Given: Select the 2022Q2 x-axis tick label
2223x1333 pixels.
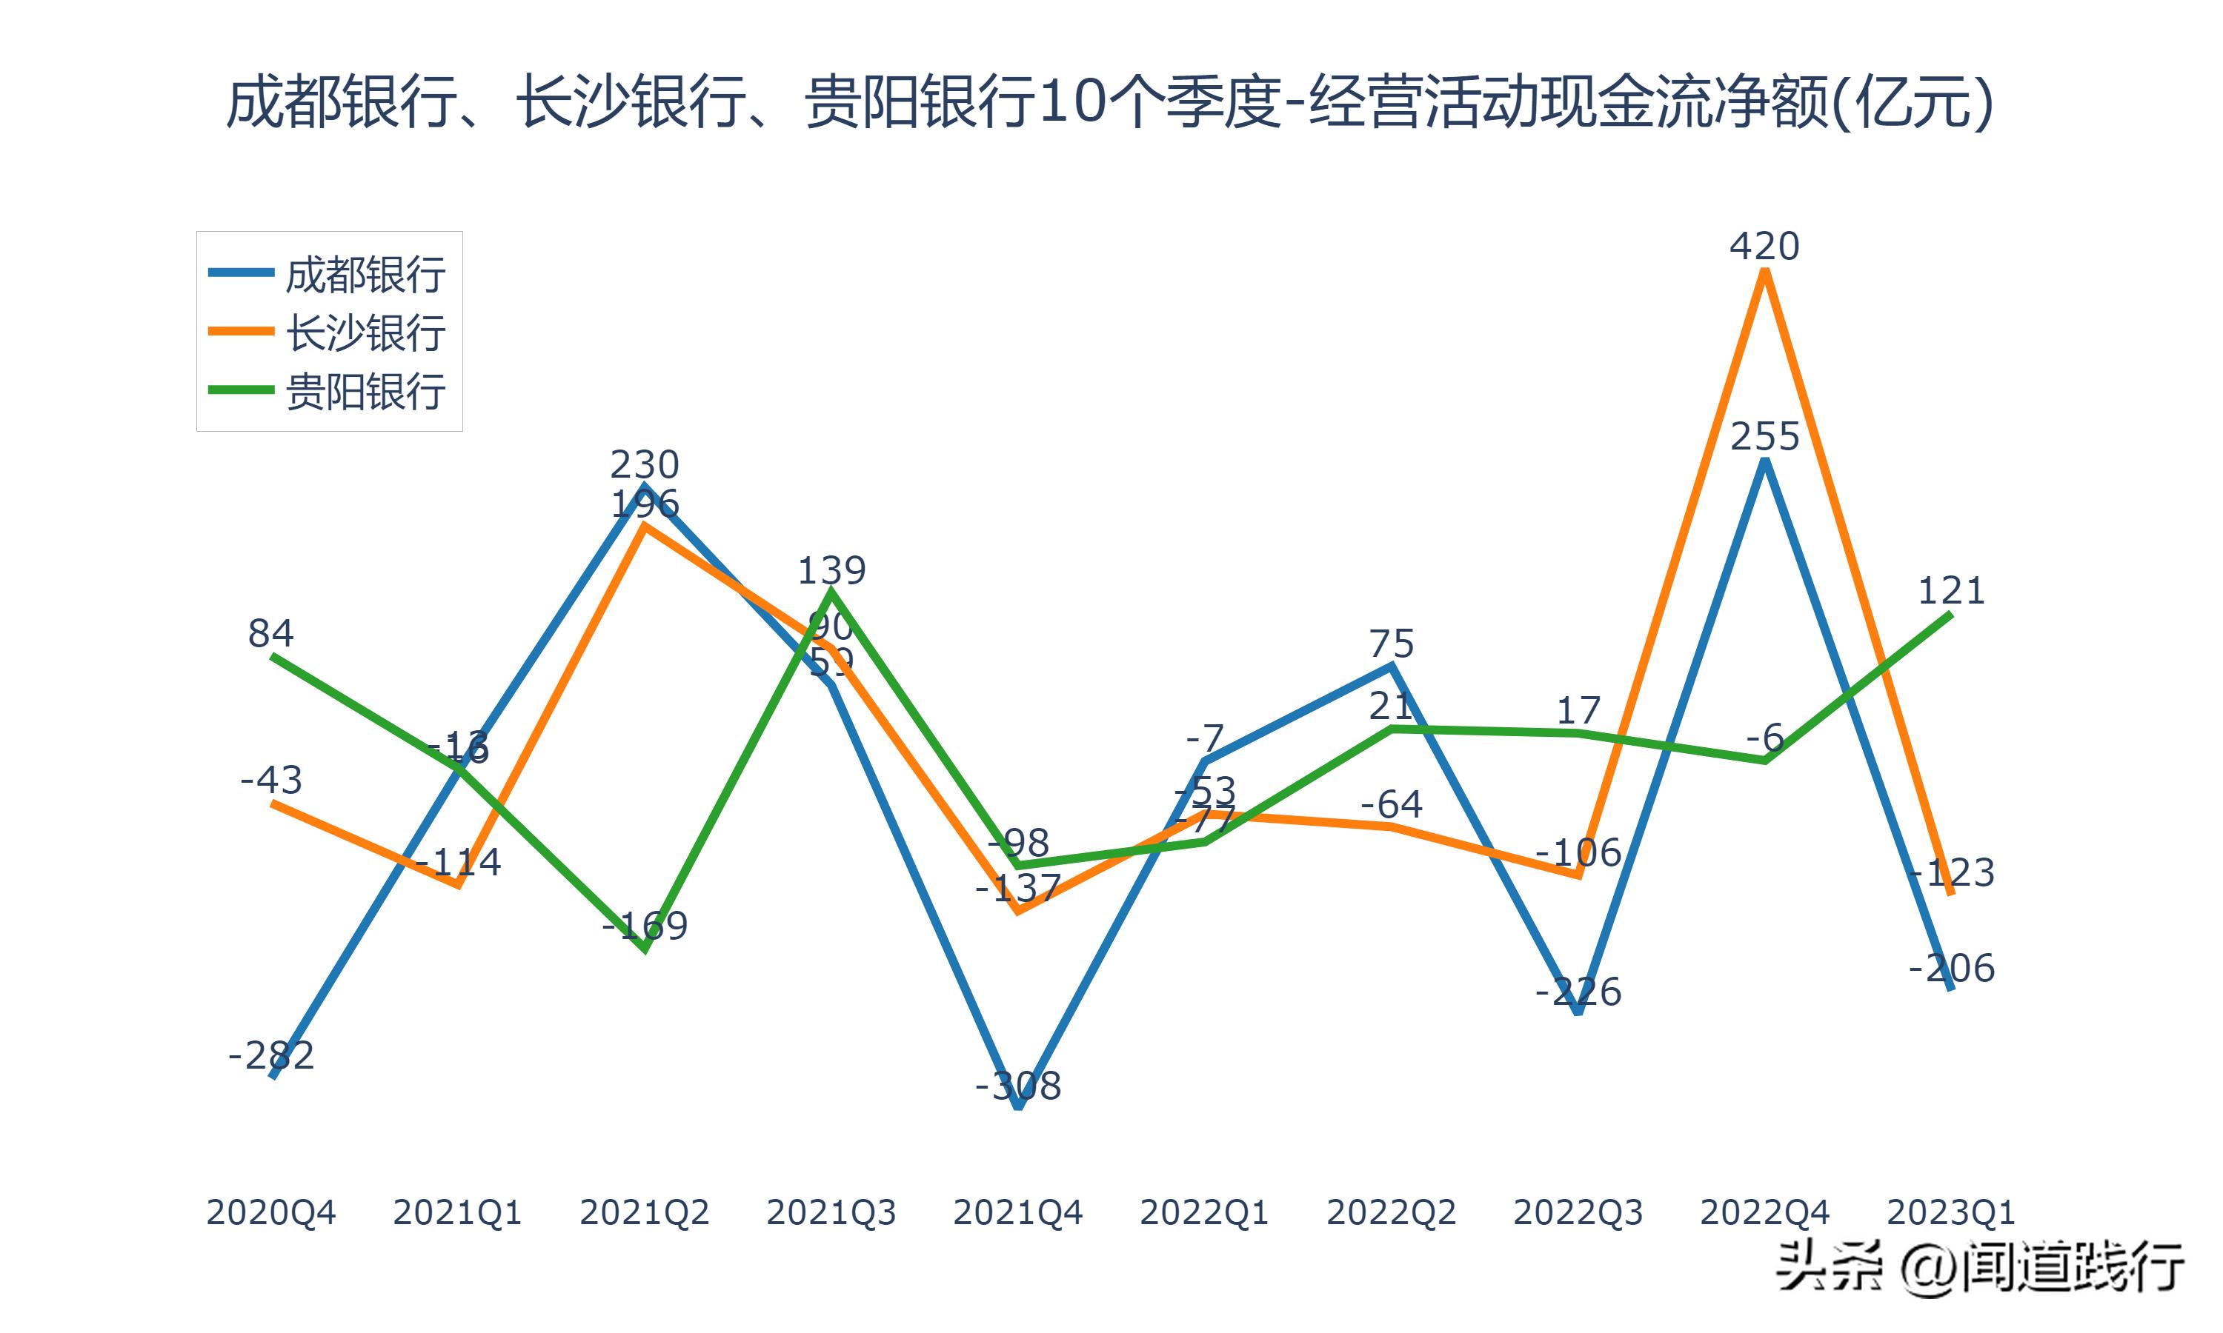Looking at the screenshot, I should pos(1391,1212).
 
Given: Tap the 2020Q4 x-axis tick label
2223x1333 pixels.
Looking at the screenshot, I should pos(270,1212).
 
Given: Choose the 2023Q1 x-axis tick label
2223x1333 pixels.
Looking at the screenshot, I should pos(1951,1212).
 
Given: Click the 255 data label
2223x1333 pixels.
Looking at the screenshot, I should pos(1765,436).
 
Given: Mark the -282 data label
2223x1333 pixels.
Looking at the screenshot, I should pos(270,1055).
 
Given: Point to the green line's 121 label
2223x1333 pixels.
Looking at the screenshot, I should pos(1951,590).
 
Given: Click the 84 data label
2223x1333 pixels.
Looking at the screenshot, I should pos(270,633).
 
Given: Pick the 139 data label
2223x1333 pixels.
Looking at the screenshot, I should pos(831,570).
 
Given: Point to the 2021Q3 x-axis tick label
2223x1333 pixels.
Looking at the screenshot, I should pos(831,1212).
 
